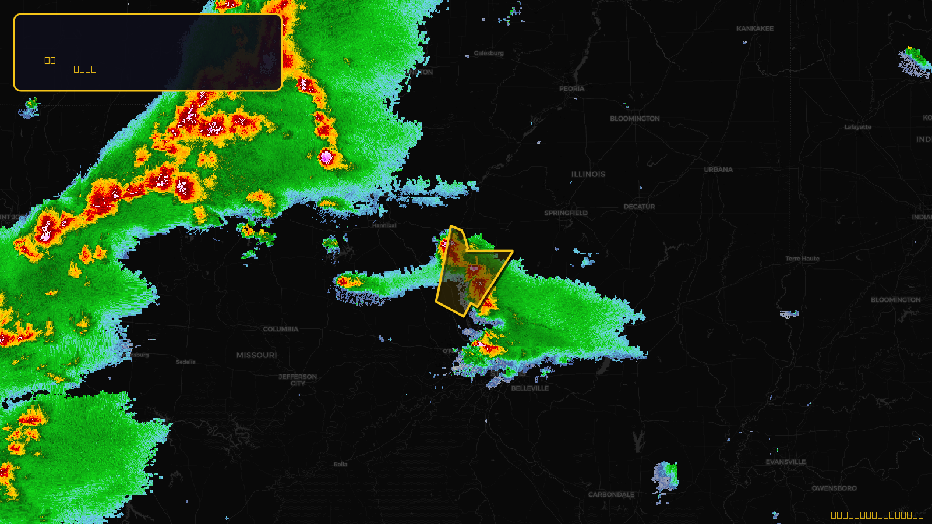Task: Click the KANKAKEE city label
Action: (x=755, y=29)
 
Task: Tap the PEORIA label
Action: (x=571, y=89)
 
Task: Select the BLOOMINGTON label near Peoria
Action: (x=634, y=119)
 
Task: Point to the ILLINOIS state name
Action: (x=588, y=174)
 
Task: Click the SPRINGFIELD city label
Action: (x=566, y=213)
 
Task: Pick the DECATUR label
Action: (x=639, y=207)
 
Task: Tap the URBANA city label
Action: (x=718, y=170)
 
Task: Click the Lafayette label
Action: (x=857, y=127)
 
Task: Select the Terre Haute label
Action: (x=802, y=259)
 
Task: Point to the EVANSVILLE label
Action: (x=786, y=462)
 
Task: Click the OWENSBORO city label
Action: (x=834, y=488)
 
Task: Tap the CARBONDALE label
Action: (x=611, y=495)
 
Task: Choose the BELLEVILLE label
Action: (x=529, y=388)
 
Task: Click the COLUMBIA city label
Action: (x=280, y=330)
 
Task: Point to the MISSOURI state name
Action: (x=256, y=355)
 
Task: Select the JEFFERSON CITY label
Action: (x=298, y=380)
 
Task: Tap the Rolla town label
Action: (x=340, y=465)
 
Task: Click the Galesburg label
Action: (x=489, y=53)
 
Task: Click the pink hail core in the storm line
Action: (x=326, y=156)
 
